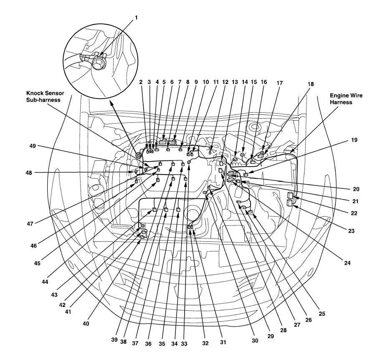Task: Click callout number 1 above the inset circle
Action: point(135,18)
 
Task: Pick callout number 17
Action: point(279,83)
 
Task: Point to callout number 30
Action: point(255,340)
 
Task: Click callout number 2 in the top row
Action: point(141,83)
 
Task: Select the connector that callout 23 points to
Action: point(290,203)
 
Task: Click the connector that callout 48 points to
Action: point(137,172)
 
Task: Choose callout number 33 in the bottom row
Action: point(185,342)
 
